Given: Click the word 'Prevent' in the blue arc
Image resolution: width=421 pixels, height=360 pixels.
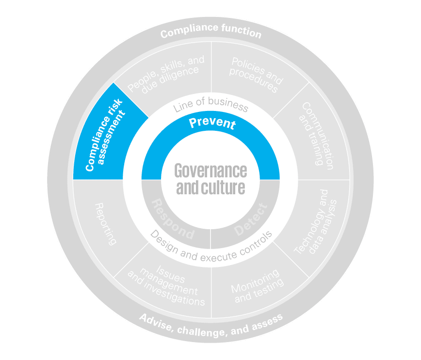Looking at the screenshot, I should tap(212, 123).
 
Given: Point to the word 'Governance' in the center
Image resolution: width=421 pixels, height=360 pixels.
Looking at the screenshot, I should tap(210, 171).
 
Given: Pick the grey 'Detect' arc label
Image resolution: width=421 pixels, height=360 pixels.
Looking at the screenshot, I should tap(251, 220).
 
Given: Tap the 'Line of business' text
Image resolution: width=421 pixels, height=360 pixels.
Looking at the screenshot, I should tap(210, 104).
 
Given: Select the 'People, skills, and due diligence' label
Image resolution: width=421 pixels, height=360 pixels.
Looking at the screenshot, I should tap(165, 73).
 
